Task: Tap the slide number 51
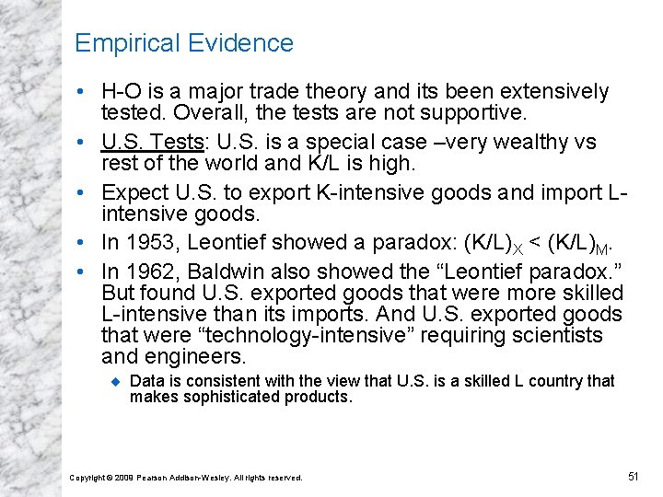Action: tap(633, 476)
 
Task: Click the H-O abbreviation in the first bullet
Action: tap(122, 92)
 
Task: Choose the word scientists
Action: tap(558, 335)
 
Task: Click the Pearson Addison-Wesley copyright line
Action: tap(186, 477)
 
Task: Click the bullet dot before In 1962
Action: tap(84, 272)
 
